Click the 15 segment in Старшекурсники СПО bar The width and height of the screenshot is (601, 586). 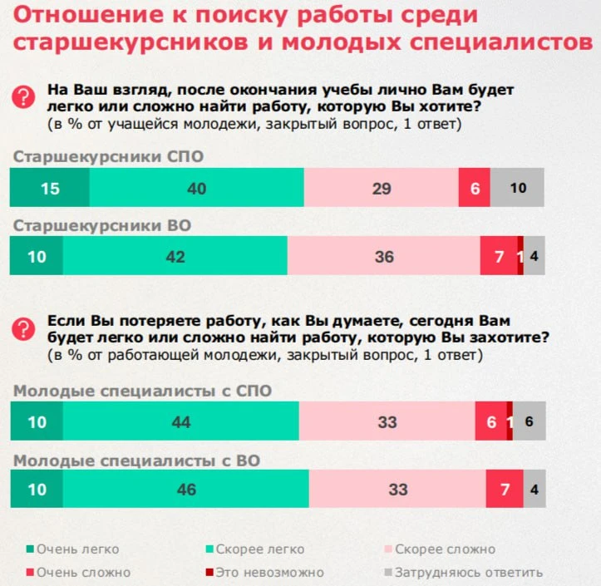click(49, 188)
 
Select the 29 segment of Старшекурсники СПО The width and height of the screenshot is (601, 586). click(381, 188)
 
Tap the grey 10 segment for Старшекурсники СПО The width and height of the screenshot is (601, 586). click(517, 188)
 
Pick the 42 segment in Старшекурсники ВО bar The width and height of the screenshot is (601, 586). click(175, 256)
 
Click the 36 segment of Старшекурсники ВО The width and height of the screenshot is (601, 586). click(383, 256)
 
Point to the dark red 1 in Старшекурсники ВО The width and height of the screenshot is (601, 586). click(520, 256)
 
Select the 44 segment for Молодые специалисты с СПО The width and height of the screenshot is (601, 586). click(180, 421)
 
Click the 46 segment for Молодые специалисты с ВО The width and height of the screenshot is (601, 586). click(186, 489)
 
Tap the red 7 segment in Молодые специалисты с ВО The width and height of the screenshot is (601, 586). click(504, 489)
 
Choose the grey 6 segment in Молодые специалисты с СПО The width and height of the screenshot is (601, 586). click(529, 421)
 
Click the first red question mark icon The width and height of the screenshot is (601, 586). click(22, 98)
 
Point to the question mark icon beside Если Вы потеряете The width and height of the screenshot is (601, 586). click(22, 329)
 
